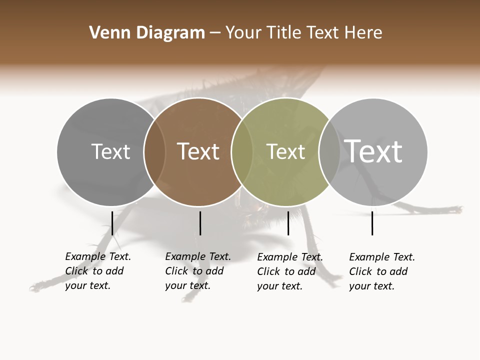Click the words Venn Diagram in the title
[x=147, y=33]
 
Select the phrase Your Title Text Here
[x=303, y=33]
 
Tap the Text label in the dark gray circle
[x=110, y=151]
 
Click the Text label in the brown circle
[x=198, y=151]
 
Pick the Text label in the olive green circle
[x=285, y=151]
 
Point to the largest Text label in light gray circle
[x=373, y=151]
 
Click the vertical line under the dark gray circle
[x=112, y=223]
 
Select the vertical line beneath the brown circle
[x=200, y=223]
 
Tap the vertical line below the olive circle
[x=288, y=223]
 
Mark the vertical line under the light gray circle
[x=372, y=223]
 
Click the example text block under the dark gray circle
[x=98, y=271]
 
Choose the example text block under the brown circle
[x=198, y=271]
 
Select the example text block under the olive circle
[x=290, y=271]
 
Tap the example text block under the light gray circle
[x=382, y=271]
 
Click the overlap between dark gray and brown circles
[x=154, y=151]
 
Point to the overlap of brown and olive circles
[x=242, y=151]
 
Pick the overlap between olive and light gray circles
[x=329, y=151]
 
